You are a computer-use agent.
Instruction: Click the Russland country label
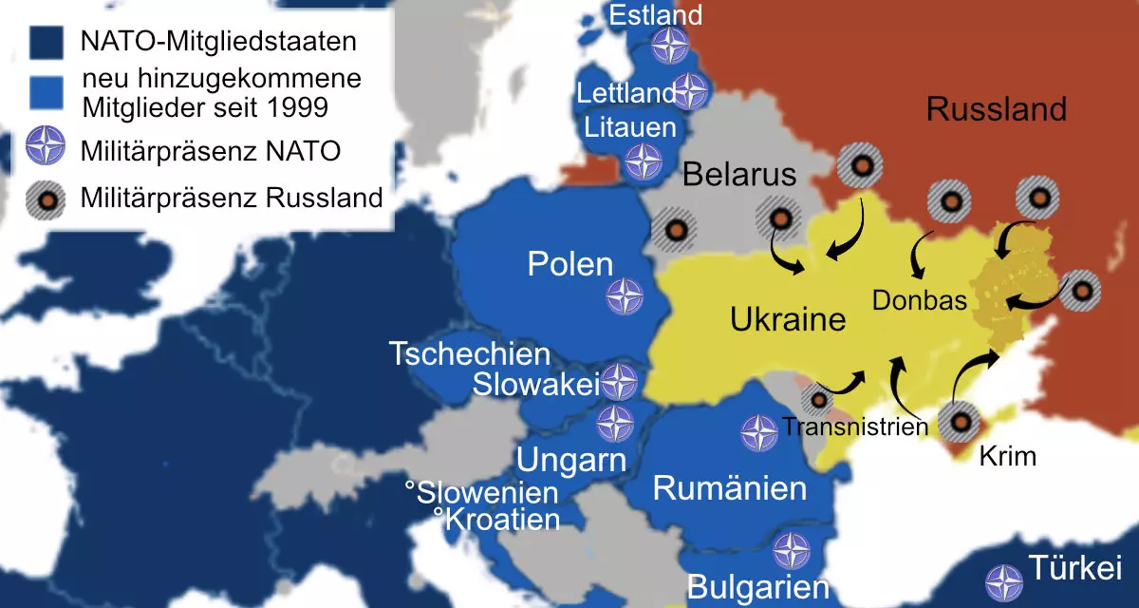pyautogui.click(x=996, y=109)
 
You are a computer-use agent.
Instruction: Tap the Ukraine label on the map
pyautogui.click(x=787, y=318)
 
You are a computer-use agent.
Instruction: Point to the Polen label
pyautogui.click(x=569, y=263)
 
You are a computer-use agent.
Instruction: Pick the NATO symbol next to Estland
pyautogui.click(x=672, y=46)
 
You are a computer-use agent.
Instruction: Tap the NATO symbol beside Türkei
pyautogui.click(x=1003, y=582)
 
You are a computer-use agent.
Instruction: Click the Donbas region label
pyautogui.click(x=919, y=301)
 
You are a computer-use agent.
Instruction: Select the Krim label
pyautogui.click(x=1007, y=457)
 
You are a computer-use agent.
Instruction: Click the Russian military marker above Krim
pyautogui.click(x=960, y=420)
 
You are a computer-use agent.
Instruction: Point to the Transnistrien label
pyautogui.click(x=854, y=427)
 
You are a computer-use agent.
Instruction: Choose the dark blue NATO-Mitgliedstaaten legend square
pyautogui.click(x=46, y=43)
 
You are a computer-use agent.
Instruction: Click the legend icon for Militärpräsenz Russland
pyautogui.click(x=46, y=199)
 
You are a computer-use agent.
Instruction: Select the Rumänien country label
pyautogui.click(x=729, y=489)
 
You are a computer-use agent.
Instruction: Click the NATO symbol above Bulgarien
pyautogui.click(x=790, y=550)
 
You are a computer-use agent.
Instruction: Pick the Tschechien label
pyautogui.click(x=470, y=354)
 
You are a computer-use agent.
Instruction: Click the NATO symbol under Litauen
pyautogui.click(x=644, y=161)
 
